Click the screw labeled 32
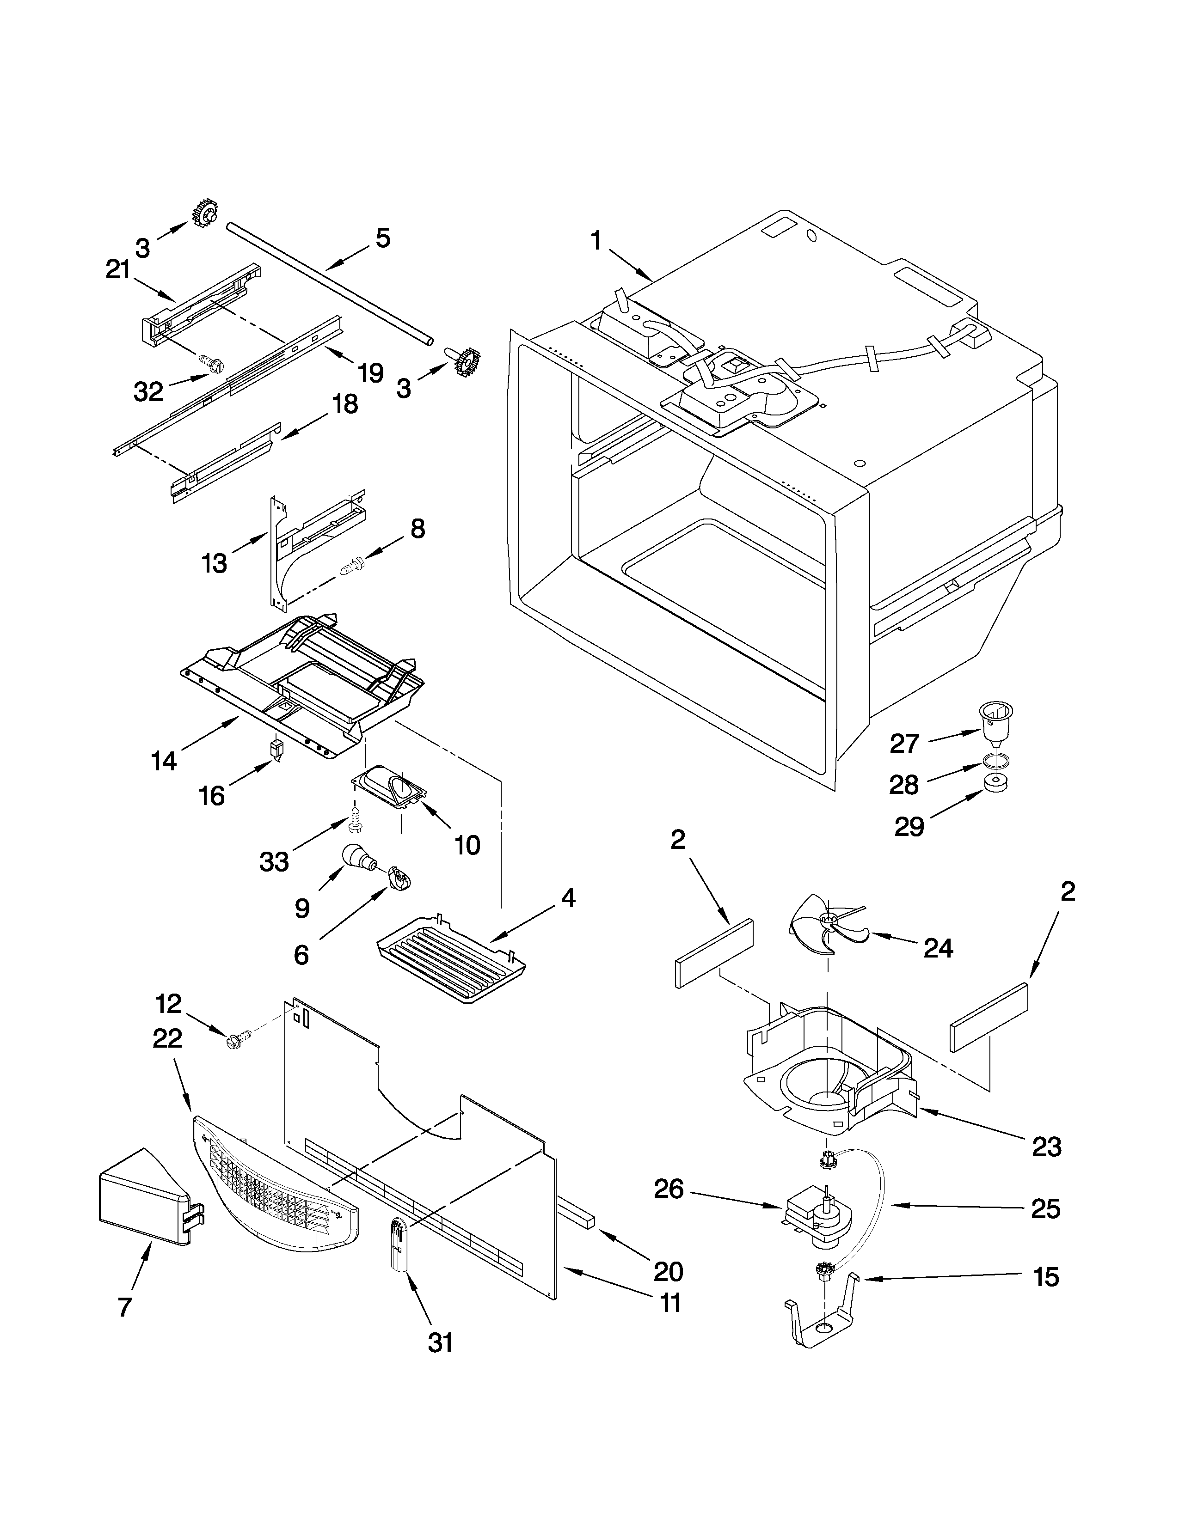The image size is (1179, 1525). click(210, 362)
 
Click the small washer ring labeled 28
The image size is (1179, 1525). click(994, 760)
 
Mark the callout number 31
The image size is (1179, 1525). click(440, 1342)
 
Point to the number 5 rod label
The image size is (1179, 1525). click(383, 238)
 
